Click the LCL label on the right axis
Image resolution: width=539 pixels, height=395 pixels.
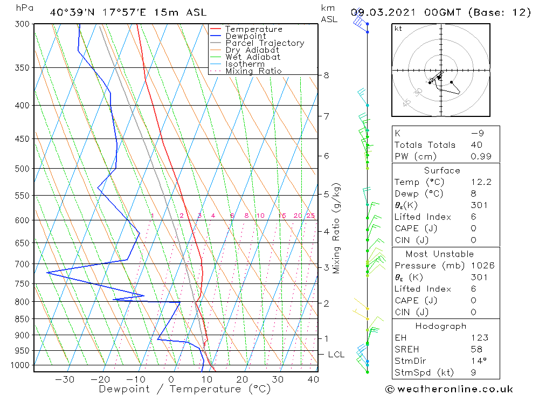point(336,355)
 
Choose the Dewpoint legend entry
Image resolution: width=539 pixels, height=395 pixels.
point(246,36)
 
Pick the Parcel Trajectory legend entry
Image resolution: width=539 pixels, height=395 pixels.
point(265,43)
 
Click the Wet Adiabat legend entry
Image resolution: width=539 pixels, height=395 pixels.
point(253,57)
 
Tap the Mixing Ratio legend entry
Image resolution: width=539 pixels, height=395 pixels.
point(253,71)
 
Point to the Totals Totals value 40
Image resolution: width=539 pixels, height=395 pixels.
point(476,145)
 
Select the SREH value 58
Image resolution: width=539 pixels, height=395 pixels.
point(476,349)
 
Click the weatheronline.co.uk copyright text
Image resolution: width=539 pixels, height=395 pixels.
point(449,389)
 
